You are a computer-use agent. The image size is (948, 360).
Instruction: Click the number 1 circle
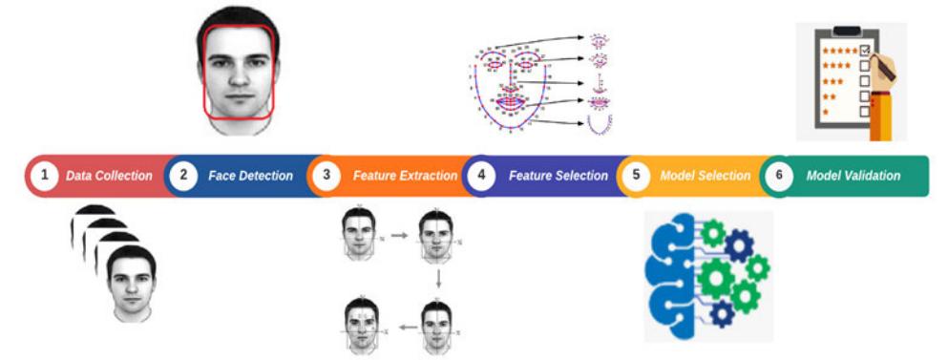point(42,176)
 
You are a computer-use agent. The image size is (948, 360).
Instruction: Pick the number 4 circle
point(481,176)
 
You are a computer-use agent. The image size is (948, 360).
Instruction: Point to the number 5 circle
point(635,176)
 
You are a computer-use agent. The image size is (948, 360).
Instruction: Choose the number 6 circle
point(779,176)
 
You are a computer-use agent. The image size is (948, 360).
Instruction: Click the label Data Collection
point(109,176)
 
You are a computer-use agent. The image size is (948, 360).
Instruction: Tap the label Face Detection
point(250,176)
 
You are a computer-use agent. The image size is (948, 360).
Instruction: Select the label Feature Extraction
point(405,176)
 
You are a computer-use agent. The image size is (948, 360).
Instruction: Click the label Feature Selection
point(558,176)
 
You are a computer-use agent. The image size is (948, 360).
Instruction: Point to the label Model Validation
point(853,176)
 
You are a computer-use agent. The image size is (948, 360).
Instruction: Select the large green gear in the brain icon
point(718,278)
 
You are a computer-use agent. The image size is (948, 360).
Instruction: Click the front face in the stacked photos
point(131,283)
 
